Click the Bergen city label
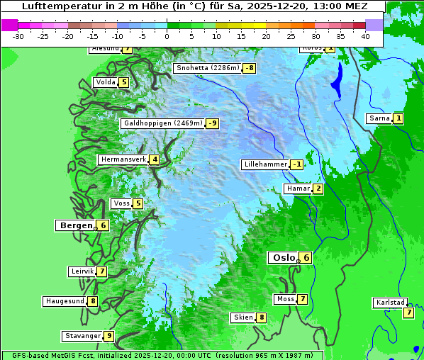[74, 225]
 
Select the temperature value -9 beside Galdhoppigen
[212, 123]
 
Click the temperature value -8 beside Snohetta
[249, 69]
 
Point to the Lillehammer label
[265, 164]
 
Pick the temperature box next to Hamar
[318, 189]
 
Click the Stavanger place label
[82, 336]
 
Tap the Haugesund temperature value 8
[92, 301]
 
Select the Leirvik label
[82, 271]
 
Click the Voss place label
[121, 204]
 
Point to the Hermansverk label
[123, 159]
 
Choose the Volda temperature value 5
[124, 82]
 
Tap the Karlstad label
[390, 303]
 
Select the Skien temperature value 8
[262, 317]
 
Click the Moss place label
[285, 299]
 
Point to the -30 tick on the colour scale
[18, 35]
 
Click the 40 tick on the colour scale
[365, 35]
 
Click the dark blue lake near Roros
[336, 80]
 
